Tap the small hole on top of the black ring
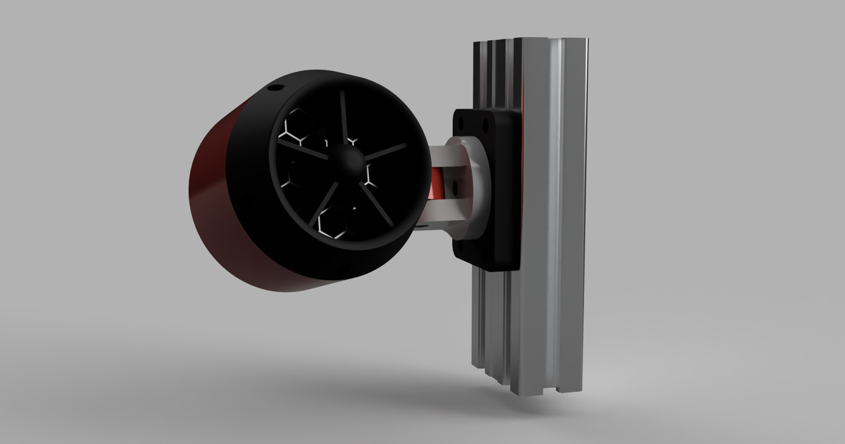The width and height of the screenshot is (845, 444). (274, 89)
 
